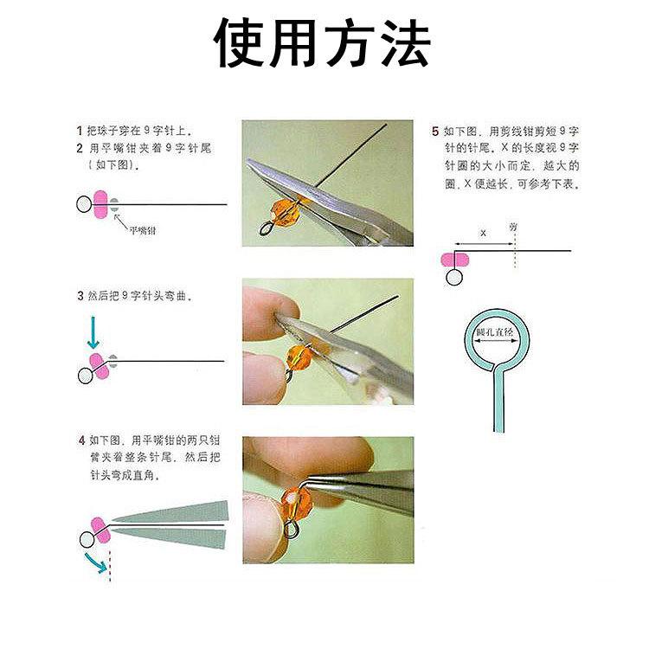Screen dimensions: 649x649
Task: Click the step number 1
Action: tap(79, 130)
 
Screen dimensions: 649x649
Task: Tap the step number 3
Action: tap(80, 295)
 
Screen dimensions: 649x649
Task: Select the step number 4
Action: tap(80, 440)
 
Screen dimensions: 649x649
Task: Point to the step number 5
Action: tap(434, 132)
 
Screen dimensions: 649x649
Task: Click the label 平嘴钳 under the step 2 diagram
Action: tap(143, 230)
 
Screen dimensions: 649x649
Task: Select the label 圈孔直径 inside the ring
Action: tap(495, 332)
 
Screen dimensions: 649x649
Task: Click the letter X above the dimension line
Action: tap(483, 234)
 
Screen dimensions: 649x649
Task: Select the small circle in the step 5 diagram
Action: tap(453, 277)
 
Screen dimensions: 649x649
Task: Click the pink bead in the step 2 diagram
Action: tap(100, 204)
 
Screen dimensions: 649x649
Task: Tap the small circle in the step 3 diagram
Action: tap(84, 376)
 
